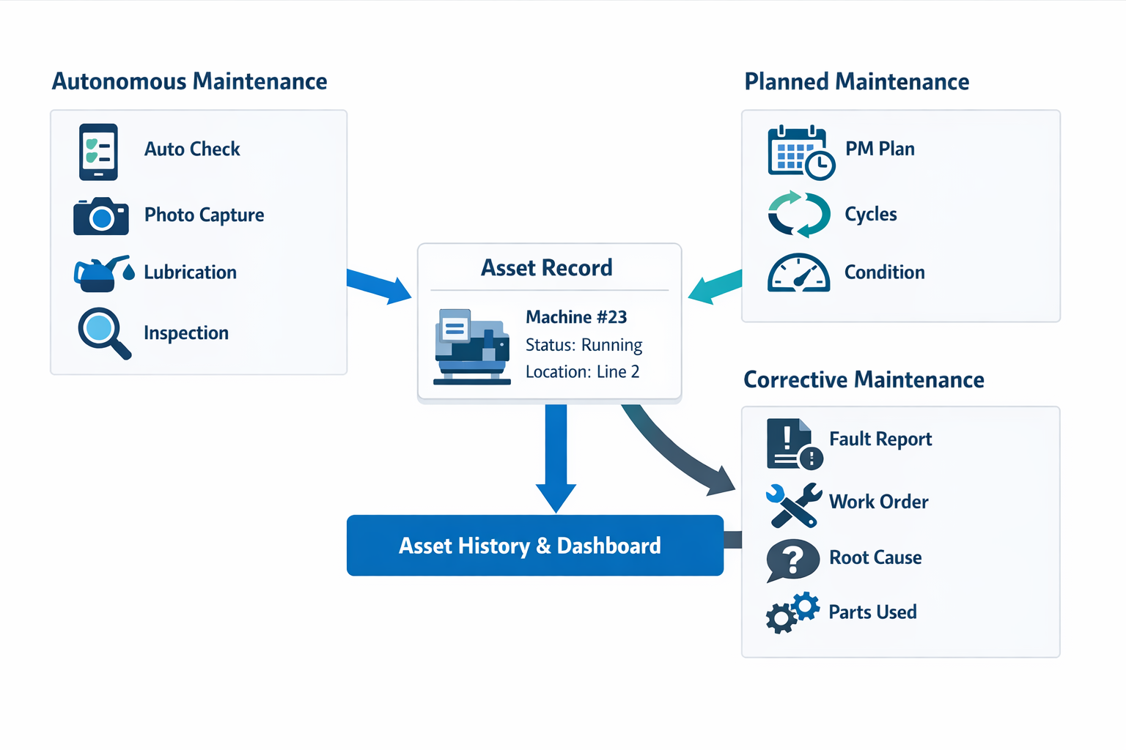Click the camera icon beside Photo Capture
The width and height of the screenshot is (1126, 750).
tap(101, 216)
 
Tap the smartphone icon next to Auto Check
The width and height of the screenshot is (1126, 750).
tap(98, 152)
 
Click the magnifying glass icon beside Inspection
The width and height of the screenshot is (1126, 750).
tap(103, 333)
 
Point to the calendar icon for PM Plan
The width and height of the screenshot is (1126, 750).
tap(800, 152)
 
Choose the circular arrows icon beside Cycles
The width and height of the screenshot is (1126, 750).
tap(799, 215)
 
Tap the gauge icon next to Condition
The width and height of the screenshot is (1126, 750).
tap(798, 273)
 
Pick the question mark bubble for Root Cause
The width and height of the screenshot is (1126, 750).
tap(792, 560)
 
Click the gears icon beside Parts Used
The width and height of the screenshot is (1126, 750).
tap(792, 612)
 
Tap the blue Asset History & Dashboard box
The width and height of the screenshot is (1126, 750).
tap(534, 546)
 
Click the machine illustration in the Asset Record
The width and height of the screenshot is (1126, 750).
tap(472, 346)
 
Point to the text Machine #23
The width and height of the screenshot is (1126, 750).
tap(576, 317)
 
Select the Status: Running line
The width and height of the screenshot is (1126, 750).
tap(584, 345)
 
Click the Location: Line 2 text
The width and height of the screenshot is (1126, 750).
tap(582, 372)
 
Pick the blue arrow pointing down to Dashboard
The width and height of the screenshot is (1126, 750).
tap(556, 457)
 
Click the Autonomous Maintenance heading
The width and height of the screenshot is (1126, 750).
tap(189, 81)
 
